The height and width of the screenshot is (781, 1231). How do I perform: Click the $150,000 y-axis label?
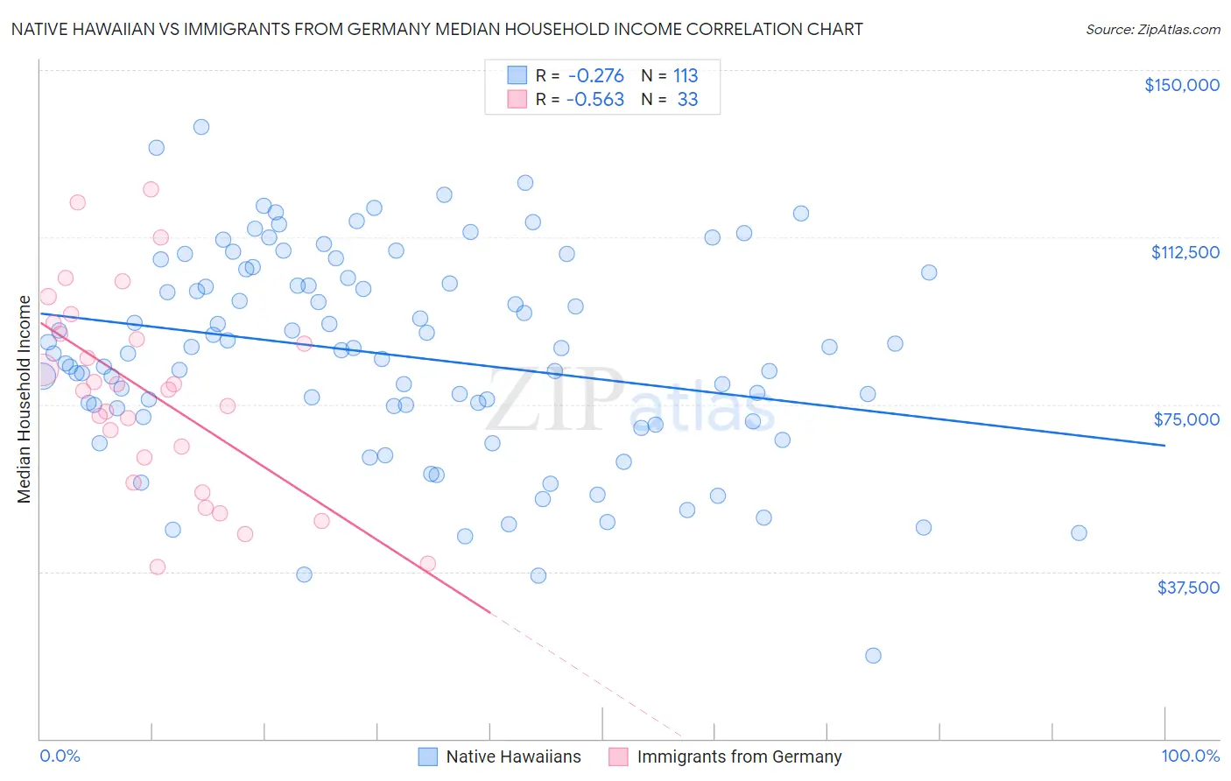(1181, 85)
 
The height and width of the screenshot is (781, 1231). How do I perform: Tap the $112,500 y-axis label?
(1185, 252)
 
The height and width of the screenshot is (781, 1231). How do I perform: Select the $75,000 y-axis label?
(1186, 419)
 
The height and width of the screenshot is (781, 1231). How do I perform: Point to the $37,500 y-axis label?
(1188, 588)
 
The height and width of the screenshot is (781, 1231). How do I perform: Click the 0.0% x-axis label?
(60, 756)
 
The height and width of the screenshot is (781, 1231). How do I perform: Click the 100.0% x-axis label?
(1190, 756)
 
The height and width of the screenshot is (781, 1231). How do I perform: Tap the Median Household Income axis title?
(25, 399)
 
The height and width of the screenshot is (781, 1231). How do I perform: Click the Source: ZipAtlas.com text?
(1152, 30)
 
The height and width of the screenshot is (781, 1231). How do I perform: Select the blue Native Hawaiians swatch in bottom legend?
(427, 756)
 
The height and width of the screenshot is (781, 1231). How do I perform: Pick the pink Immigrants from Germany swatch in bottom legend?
(618, 756)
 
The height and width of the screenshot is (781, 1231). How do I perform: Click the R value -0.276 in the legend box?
(595, 75)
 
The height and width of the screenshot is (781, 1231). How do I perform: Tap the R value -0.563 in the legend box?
(595, 100)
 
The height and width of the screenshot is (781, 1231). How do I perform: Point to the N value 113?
(686, 75)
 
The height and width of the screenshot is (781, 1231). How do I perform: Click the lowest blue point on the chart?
(873, 656)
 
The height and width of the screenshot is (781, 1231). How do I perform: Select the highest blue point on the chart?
(201, 127)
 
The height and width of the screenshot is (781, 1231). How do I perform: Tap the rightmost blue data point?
(1079, 533)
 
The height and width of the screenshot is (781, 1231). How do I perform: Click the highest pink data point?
(151, 189)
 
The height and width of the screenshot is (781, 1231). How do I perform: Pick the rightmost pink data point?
(428, 564)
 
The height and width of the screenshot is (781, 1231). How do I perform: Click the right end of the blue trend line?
(1164, 446)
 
